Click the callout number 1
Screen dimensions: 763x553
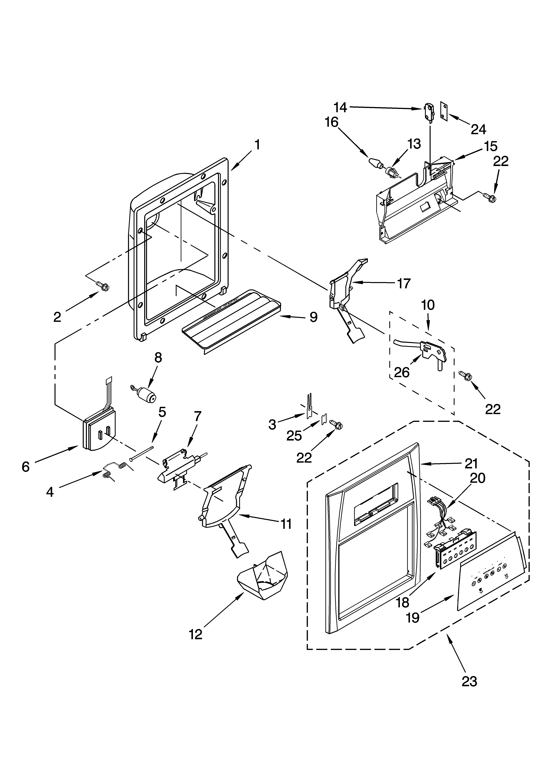coord(257,145)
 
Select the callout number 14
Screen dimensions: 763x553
coord(340,107)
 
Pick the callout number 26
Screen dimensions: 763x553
coord(402,372)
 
